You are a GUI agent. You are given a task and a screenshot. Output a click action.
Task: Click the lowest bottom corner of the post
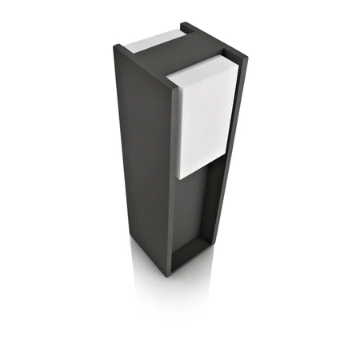click(168, 276)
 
